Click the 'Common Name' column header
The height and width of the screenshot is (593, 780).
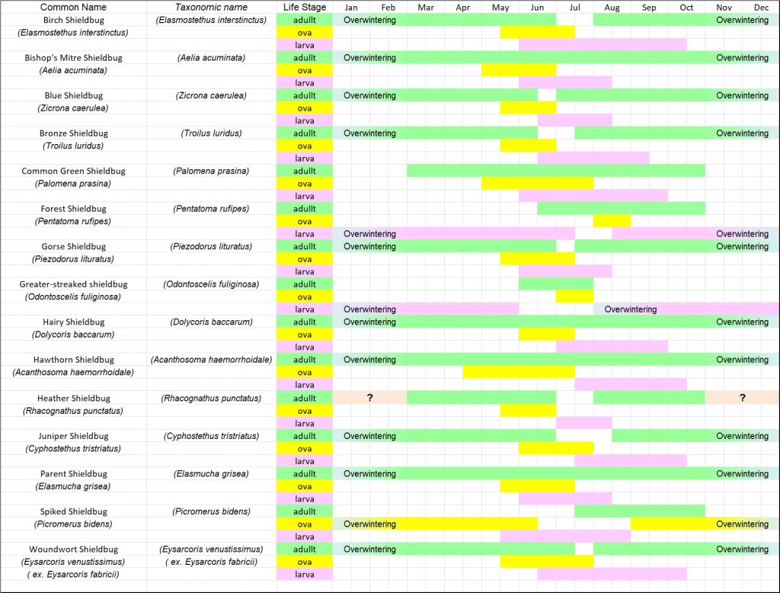[x=73, y=7]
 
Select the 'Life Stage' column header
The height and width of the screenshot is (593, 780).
[x=304, y=7]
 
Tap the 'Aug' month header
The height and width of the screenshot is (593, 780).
[x=612, y=7]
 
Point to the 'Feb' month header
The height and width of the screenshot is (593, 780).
[x=388, y=7]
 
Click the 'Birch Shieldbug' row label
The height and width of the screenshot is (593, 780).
[x=73, y=20]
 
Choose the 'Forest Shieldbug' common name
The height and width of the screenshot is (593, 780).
[x=73, y=209]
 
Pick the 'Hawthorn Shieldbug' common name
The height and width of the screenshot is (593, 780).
[x=73, y=360]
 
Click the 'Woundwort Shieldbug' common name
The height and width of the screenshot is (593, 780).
[x=73, y=549]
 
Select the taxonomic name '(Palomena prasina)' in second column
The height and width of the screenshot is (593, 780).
[x=211, y=171]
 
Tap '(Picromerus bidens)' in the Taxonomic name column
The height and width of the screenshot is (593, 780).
[x=211, y=511]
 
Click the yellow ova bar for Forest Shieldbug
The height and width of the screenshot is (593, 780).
[x=612, y=221]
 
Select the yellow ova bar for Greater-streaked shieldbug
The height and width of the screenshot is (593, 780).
[x=574, y=296]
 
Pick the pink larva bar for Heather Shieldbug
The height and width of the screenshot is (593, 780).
[x=583, y=423]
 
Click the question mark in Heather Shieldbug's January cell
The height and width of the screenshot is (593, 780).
[x=369, y=398]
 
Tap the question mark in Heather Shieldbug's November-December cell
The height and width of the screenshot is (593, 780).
[x=742, y=398]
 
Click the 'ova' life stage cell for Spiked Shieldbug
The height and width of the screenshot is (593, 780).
[x=304, y=524]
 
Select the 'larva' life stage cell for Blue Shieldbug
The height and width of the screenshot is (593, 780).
[x=304, y=120]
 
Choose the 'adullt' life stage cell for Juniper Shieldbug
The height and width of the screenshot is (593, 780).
[x=304, y=436]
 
